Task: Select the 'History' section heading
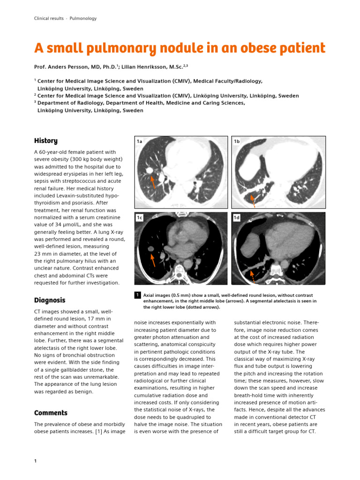[46, 141]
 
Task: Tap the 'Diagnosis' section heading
[50, 300]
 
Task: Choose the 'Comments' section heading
[51, 412]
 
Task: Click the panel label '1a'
[139, 141]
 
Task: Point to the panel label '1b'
[237, 141]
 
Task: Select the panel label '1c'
[139, 218]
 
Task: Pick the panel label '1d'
[237, 218]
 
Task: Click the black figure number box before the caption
[137, 295]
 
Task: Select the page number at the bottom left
[36, 461]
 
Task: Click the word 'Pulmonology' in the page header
[83, 18]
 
